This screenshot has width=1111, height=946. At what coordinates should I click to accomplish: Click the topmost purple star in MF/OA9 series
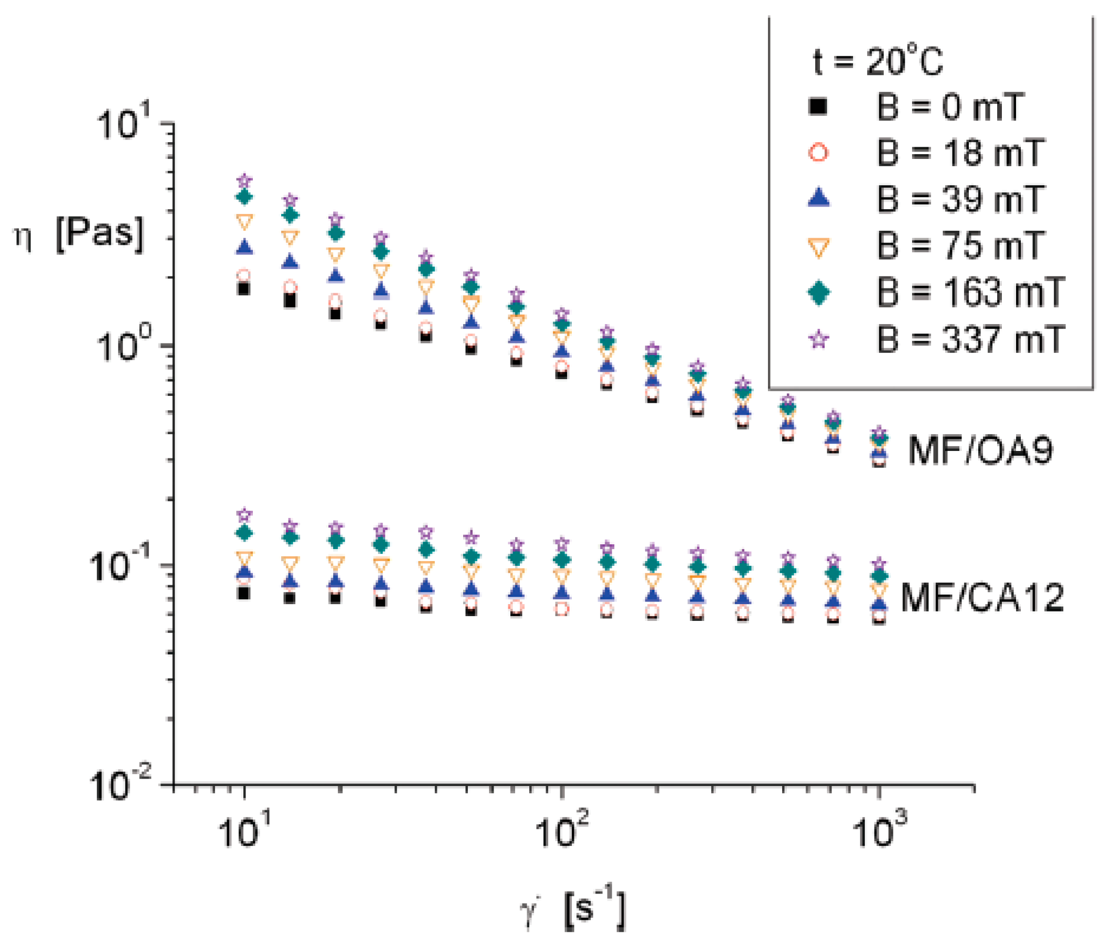point(244,180)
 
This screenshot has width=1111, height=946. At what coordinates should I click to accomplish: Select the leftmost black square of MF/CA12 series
point(244,593)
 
